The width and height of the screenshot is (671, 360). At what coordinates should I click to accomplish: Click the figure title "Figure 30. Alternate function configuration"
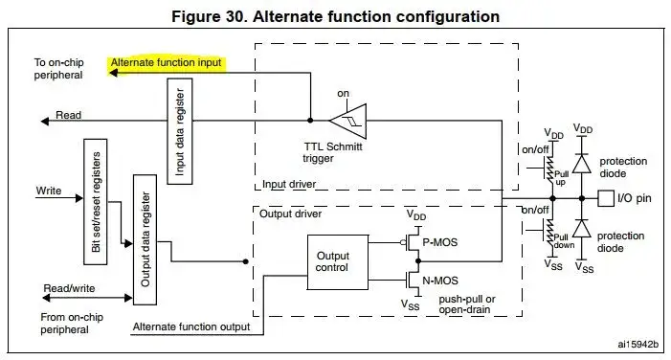coord(335,16)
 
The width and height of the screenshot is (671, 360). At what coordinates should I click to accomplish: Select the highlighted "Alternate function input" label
coord(166,63)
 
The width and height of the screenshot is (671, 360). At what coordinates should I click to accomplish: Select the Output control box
coord(334,260)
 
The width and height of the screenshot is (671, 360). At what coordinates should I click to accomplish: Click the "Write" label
coord(48,191)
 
